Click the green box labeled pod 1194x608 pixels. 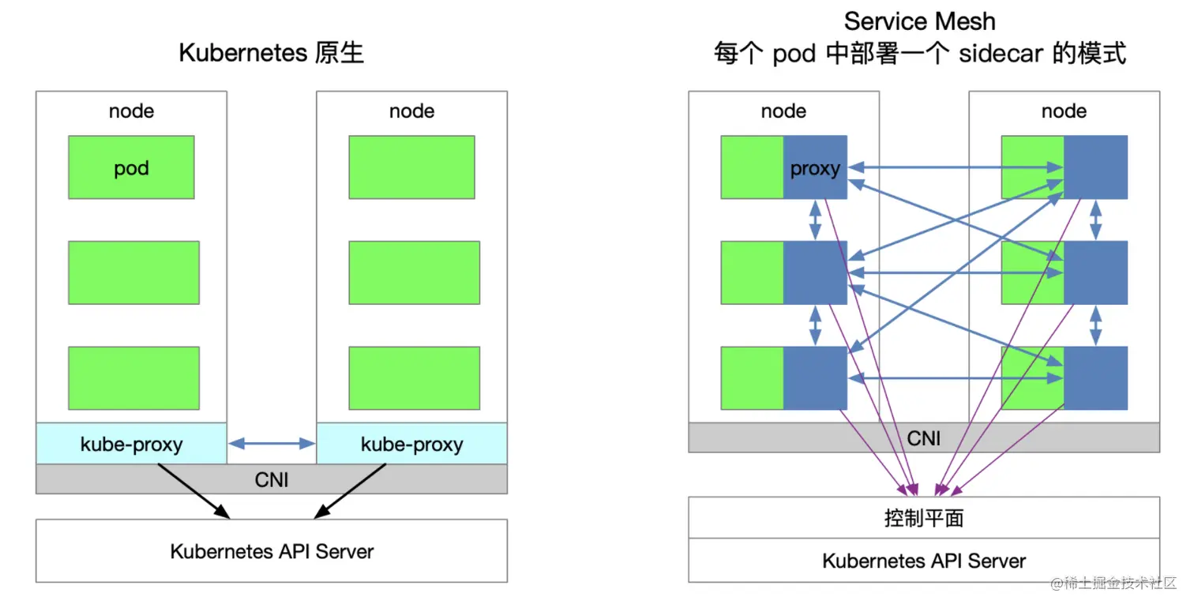(x=131, y=167)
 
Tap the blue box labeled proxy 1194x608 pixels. (x=815, y=167)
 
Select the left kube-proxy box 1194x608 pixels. (x=131, y=444)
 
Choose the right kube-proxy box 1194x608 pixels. (x=411, y=444)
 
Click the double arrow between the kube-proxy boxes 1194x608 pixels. (x=272, y=445)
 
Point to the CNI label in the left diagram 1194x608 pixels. (x=272, y=479)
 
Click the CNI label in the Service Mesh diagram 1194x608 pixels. (x=924, y=438)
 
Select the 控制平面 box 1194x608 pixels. (x=924, y=518)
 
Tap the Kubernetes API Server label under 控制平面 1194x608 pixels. (x=924, y=561)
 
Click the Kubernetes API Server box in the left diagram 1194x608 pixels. (x=272, y=551)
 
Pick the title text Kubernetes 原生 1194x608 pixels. (x=272, y=53)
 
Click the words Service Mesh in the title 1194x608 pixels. (x=919, y=21)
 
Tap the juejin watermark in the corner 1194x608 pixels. (x=1113, y=584)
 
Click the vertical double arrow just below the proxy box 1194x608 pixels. (x=815, y=220)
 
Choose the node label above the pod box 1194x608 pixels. (x=131, y=111)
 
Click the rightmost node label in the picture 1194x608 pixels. (x=1064, y=111)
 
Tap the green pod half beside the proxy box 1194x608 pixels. (x=753, y=167)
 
